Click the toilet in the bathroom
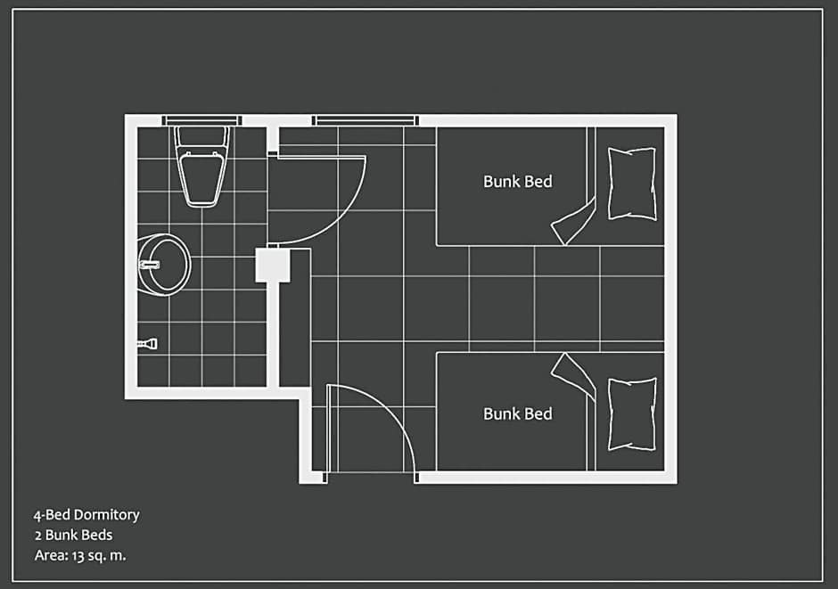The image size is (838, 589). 202,166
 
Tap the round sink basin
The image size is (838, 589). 164,265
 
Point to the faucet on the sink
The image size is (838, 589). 149,265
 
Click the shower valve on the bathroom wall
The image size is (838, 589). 147,343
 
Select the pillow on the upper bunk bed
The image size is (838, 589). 632,184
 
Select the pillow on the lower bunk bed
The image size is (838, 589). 632,414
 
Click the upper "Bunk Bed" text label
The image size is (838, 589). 517,182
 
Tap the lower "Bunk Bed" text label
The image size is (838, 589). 517,413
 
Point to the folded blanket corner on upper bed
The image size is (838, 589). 573,221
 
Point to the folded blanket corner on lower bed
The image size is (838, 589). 573,376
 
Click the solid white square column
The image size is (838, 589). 273,265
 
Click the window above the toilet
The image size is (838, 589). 201,120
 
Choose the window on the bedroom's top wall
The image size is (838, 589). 366,120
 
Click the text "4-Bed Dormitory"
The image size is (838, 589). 86,515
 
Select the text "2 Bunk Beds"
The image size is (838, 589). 74,535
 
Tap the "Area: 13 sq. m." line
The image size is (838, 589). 80,555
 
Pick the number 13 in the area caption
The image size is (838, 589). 78,556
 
